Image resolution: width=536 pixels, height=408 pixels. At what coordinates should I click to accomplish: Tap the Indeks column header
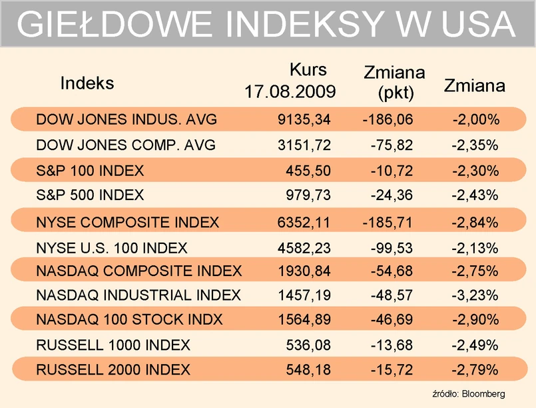(87, 83)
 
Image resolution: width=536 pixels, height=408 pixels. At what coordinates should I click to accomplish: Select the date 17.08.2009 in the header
(290, 91)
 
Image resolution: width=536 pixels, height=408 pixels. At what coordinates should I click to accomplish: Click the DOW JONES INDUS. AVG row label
(127, 120)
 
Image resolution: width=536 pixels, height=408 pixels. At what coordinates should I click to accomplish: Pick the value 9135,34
(304, 120)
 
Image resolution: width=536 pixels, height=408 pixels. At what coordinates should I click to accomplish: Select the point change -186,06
(388, 120)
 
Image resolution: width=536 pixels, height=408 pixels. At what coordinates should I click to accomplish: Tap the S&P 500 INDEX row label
(90, 195)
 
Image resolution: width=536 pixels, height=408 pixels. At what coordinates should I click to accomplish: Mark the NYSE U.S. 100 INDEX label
(112, 249)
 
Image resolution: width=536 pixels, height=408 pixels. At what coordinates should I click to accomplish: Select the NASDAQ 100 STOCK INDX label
(129, 319)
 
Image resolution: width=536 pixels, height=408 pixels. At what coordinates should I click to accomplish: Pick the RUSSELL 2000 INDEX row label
(113, 369)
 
